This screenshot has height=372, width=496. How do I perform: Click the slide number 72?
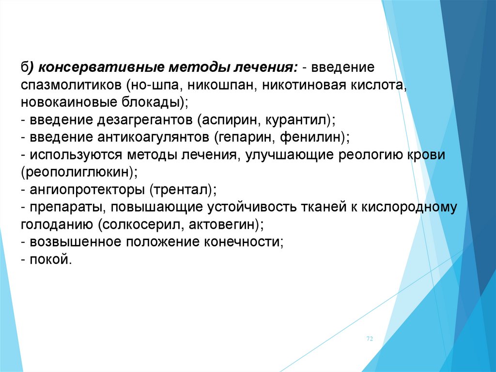click(x=370, y=339)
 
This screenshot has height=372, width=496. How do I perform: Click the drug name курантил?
click(x=297, y=120)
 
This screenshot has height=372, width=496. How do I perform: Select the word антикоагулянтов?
click(x=153, y=137)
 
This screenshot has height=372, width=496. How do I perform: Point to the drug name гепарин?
click(x=245, y=137)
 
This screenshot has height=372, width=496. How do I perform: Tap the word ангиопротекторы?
click(x=86, y=190)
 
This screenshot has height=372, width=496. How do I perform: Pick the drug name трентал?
click(x=180, y=190)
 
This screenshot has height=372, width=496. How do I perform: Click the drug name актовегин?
click(x=223, y=225)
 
